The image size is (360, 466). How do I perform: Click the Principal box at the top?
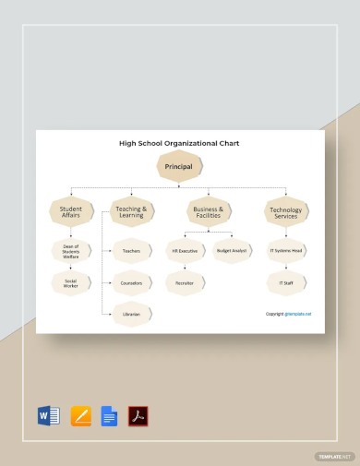(179, 166)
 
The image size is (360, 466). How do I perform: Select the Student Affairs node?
(72, 213)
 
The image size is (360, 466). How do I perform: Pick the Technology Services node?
(285, 213)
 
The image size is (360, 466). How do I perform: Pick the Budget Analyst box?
(231, 250)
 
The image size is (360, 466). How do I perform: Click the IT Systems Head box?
(285, 250)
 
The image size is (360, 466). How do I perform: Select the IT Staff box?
(285, 282)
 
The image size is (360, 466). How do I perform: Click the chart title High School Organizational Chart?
(179, 144)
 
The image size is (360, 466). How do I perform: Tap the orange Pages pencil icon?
(79, 416)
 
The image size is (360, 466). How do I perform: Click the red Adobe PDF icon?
(138, 416)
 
